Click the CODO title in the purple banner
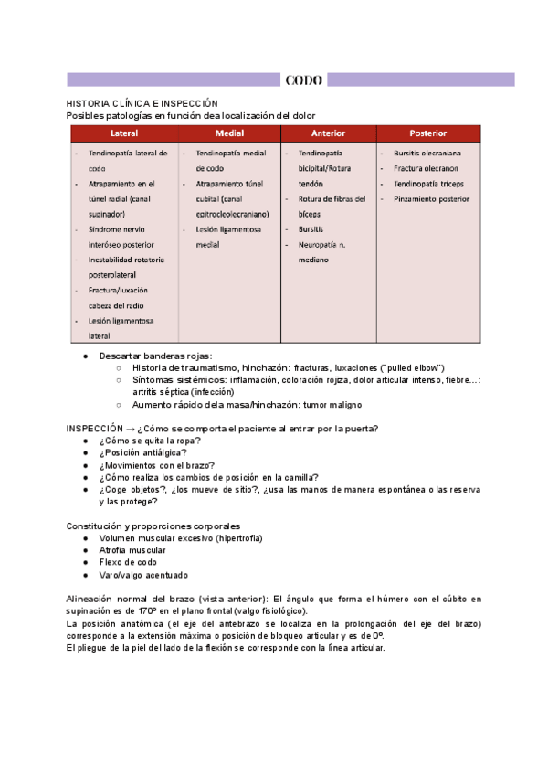[303, 80]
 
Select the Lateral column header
[124, 133]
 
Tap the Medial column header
[229, 133]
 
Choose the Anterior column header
[328, 133]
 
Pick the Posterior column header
[427, 133]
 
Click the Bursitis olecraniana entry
[427, 154]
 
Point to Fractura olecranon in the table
[426, 168]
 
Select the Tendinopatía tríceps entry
[428, 184]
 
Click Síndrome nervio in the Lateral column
[117, 229]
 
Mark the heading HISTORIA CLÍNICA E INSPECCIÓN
[142, 104]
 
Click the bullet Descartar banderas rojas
[155, 356]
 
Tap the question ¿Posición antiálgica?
[143, 452]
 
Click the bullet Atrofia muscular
[132, 550]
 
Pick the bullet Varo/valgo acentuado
[143, 575]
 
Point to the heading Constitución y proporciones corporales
[153, 526]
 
